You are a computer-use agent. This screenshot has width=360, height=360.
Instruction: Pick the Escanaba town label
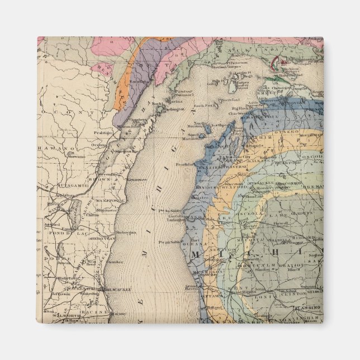click(x=139, y=82)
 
